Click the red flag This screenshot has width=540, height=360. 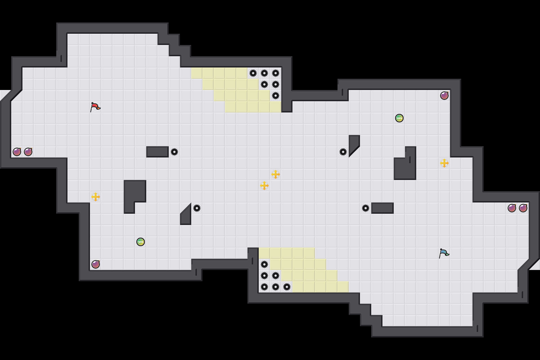coord(95,107)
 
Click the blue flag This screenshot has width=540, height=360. coord(444,253)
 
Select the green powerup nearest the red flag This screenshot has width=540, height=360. coord(141,242)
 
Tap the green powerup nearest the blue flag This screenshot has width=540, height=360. coord(399,118)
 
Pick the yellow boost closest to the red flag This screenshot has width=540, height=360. coord(96,197)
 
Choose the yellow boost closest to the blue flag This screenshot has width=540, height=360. coord(444,163)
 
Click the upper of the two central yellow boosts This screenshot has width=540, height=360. coord(276,174)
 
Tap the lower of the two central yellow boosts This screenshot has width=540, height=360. coord(264,186)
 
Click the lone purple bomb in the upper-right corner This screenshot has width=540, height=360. coord(444,96)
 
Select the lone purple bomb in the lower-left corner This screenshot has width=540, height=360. coord(96,264)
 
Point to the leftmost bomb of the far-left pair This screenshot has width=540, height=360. coord(17,152)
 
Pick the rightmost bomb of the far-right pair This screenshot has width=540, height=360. coord(523,208)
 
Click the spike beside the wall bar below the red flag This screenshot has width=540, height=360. coord(174,152)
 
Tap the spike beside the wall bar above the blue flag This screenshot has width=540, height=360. coord(366,208)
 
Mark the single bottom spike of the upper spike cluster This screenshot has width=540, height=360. coord(276,96)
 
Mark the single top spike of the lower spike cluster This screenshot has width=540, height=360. coord(264,264)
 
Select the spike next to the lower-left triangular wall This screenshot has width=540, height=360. coord(197,208)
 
